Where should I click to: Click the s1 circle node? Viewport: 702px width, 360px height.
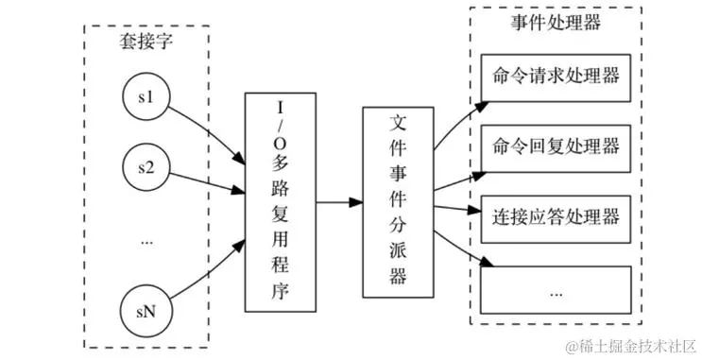point(146,97)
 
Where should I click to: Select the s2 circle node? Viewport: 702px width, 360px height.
point(146,168)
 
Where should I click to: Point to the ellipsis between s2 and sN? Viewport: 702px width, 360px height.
point(146,241)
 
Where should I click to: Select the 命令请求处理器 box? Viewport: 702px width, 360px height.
point(556,75)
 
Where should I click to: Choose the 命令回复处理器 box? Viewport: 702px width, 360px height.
point(556,146)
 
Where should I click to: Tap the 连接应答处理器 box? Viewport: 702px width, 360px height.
point(556,217)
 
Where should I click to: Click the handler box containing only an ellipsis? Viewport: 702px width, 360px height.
point(556,289)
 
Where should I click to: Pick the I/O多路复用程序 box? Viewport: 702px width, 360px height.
point(280,202)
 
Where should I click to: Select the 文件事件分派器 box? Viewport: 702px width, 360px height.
point(398,202)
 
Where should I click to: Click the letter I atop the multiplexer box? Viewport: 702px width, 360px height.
point(280,107)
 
